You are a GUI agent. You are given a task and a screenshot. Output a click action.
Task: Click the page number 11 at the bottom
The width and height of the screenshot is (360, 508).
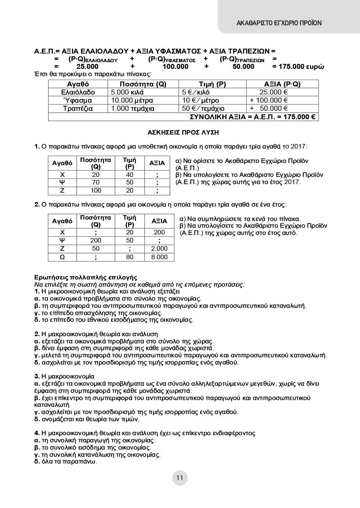[180, 478]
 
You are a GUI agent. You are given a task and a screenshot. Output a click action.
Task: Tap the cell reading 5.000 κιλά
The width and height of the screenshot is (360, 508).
[126, 92]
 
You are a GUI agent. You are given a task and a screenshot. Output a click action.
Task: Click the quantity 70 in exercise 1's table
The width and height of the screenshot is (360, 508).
[95, 183]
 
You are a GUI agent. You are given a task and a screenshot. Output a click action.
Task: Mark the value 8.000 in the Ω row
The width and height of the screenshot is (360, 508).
[159, 257]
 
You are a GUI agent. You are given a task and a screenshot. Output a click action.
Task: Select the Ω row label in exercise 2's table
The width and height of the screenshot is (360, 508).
[63, 257]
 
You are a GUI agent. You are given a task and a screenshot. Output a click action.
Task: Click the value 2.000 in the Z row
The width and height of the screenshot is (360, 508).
[159, 248]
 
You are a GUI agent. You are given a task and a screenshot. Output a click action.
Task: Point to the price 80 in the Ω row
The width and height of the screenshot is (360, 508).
[130, 257]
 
